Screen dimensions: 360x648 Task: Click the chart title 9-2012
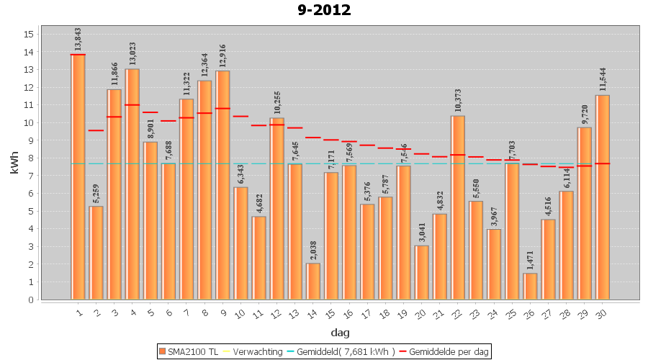[324, 10]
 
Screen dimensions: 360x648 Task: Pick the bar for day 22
[458, 209]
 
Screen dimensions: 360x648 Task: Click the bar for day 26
[530, 287]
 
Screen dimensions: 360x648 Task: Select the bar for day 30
[603, 198]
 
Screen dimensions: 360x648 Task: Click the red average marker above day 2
[96, 130]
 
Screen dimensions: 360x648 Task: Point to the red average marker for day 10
[240, 116]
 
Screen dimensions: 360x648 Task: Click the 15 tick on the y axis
[29, 34]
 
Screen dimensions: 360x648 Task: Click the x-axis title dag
[340, 333]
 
